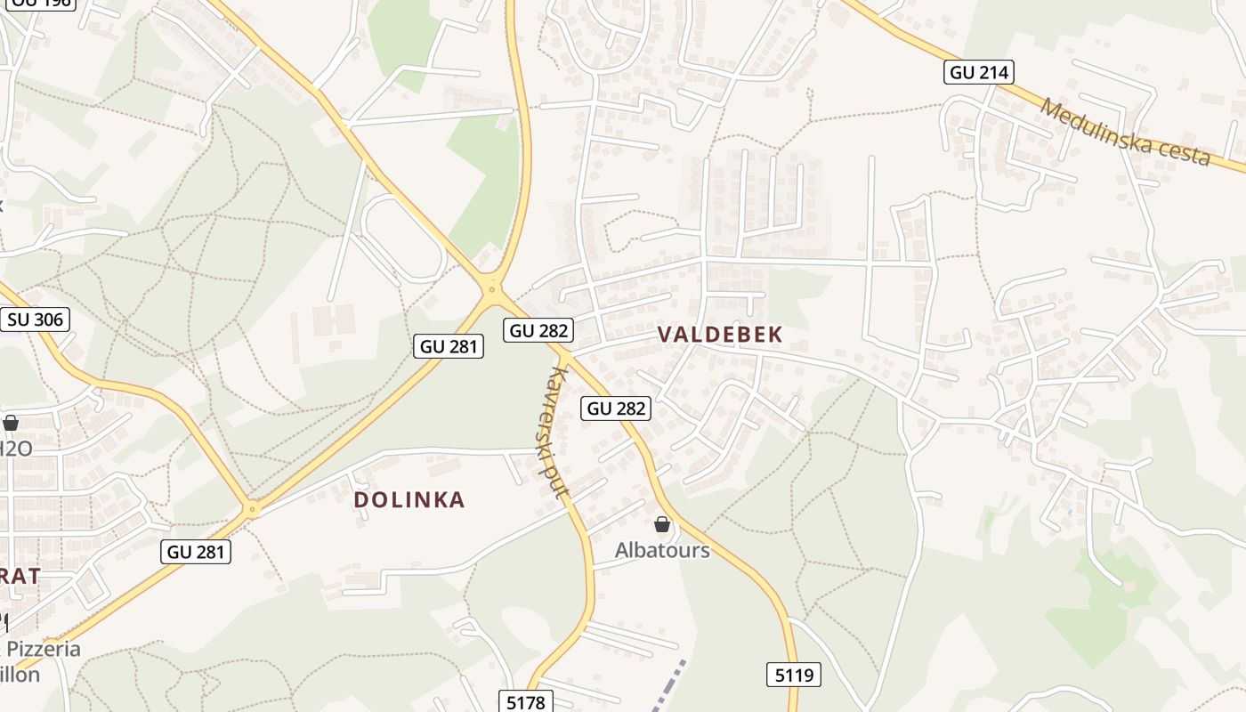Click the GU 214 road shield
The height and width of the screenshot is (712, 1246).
pyautogui.click(x=979, y=73)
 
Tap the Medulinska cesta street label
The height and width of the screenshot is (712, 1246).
pyautogui.click(x=1125, y=133)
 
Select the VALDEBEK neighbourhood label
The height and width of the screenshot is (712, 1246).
pyautogui.click(x=720, y=335)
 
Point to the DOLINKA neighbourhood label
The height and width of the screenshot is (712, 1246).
pyautogui.click(x=409, y=500)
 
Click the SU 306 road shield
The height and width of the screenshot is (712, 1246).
pyautogui.click(x=36, y=320)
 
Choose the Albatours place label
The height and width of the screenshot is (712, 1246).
pyautogui.click(x=662, y=550)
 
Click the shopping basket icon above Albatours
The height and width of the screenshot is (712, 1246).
pyautogui.click(x=662, y=524)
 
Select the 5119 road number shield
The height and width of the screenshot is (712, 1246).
pyautogui.click(x=794, y=675)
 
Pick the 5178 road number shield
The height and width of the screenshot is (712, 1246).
pyautogui.click(x=525, y=702)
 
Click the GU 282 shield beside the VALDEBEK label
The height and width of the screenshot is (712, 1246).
pyautogui.click(x=538, y=330)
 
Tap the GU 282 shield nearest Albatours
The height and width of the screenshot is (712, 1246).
pyautogui.click(x=617, y=409)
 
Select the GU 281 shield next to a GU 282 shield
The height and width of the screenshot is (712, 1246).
pyautogui.click(x=449, y=346)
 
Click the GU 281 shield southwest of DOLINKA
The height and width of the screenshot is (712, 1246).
pyautogui.click(x=197, y=552)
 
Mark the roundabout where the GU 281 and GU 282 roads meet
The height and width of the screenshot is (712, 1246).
pyautogui.click(x=491, y=287)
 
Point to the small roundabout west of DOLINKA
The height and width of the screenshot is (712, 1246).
pyautogui.click(x=253, y=510)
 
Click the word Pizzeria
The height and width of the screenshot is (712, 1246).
pyautogui.click(x=44, y=649)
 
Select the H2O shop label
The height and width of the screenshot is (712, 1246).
pyautogui.click(x=15, y=448)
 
